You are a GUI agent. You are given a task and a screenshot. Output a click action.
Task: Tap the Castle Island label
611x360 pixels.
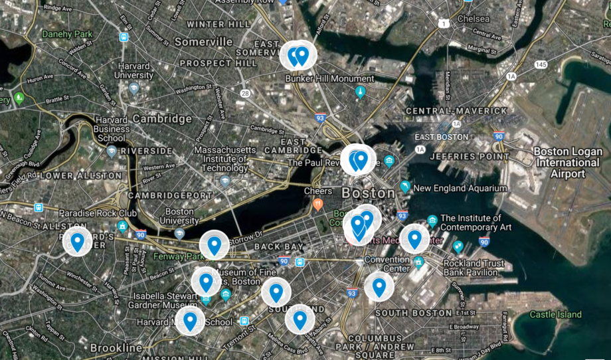coord(555,314)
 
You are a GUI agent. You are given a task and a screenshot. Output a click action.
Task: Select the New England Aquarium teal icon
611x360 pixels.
coord(405,187)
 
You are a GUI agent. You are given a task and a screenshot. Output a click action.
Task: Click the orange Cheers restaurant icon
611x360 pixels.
coord(318,204)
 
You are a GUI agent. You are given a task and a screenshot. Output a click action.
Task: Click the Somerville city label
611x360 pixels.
coord(203,42)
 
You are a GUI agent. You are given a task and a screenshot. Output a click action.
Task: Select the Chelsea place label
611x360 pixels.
coord(474,19)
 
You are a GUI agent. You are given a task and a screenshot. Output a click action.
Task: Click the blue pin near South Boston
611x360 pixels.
coord(379,286)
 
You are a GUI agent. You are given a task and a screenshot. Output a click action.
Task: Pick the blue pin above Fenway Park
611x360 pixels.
coord(214,244)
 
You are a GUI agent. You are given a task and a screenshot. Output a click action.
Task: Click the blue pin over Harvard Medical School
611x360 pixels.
coord(190,320)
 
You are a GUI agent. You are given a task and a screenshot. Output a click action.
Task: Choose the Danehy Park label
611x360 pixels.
coord(68,33)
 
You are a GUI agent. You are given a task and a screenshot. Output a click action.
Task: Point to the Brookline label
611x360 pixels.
coord(116,348)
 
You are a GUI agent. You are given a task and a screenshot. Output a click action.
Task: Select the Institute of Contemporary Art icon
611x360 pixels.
coord(432,220)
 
